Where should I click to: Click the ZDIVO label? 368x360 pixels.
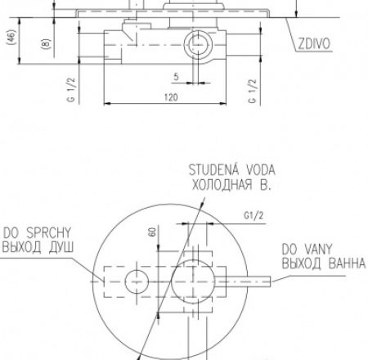[314, 43]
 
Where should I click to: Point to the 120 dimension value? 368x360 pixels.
[171, 97]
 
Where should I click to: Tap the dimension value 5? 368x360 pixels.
[176, 77]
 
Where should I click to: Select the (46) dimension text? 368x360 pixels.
[11, 37]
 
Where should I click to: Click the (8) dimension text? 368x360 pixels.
[46, 43]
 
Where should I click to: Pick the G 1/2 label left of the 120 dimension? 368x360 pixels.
[71, 90]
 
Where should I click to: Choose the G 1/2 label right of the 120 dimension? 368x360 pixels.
[253, 91]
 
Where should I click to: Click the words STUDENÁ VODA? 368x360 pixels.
[232, 170]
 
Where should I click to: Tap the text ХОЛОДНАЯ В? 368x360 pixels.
[231, 185]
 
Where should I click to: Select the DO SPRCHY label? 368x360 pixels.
[37, 233]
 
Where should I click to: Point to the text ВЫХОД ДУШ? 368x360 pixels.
[38, 248]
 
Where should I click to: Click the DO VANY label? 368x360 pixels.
[307, 250]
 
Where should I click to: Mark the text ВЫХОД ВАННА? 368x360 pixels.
[323, 263]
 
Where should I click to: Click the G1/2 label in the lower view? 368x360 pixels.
[254, 216]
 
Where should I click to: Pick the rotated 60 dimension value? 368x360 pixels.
[153, 232]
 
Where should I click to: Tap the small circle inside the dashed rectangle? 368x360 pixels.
[137, 281]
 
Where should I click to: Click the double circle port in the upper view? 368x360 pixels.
[198, 44]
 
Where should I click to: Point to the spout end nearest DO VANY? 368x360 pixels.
[271, 281]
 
